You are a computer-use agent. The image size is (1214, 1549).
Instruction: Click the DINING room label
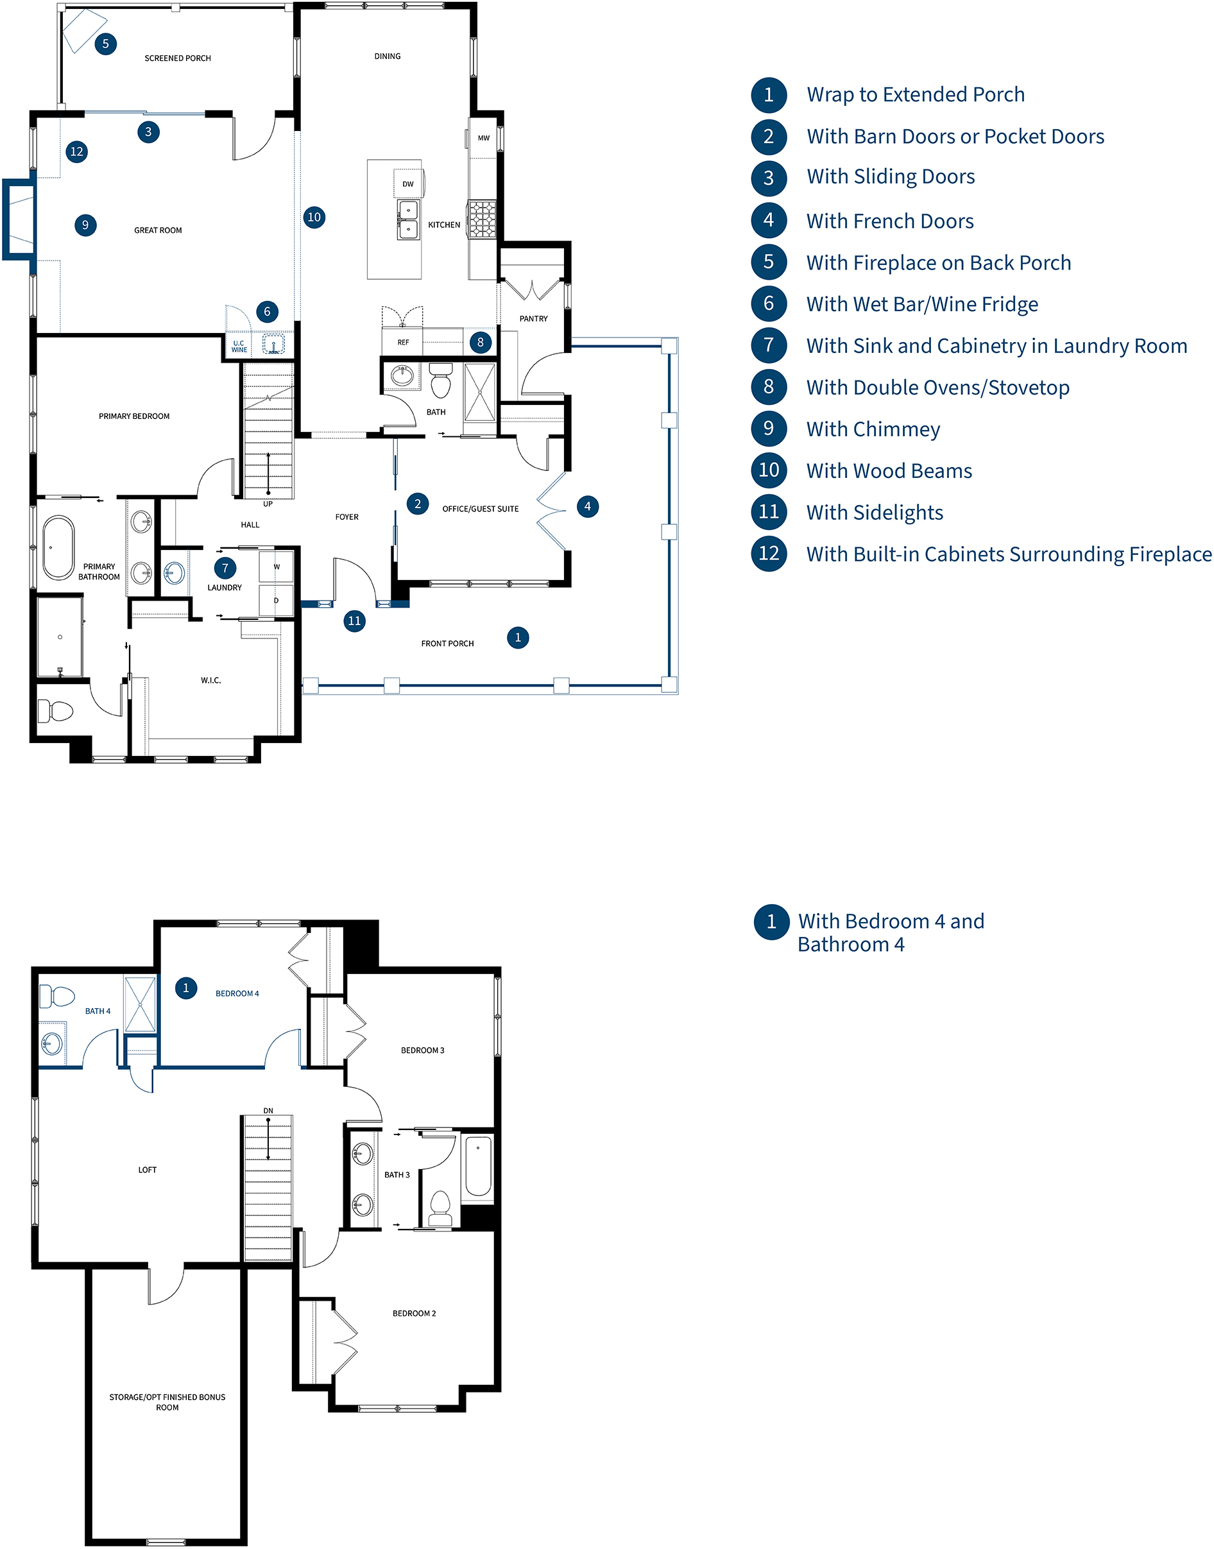pyautogui.click(x=388, y=56)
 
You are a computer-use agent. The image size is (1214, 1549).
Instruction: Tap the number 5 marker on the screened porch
pyautogui.click(x=105, y=44)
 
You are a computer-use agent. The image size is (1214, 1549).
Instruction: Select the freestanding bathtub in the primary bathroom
pyautogui.click(x=58, y=547)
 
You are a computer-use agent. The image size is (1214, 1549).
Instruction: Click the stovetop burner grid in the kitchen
pyautogui.click(x=482, y=218)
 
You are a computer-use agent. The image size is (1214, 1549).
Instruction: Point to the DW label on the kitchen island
pyautogui.click(x=408, y=184)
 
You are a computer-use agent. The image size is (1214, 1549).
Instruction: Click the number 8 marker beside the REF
pyautogui.click(x=481, y=342)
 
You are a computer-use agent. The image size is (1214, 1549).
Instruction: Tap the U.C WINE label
pyautogui.click(x=239, y=347)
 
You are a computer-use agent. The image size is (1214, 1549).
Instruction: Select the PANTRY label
pyautogui.click(x=533, y=318)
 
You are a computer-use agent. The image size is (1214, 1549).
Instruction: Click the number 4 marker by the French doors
pyautogui.click(x=587, y=506)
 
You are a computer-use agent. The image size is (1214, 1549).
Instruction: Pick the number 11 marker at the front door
pyautogui.click(x=354, y=620)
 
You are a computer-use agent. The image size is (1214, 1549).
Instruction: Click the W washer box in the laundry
pyautogui.click(x=277, y=567)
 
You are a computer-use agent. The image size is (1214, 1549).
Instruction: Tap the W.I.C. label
pyautogui.click(x=210, y=680)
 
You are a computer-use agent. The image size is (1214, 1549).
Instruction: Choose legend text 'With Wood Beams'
pyautogui.click(x=889, y=470)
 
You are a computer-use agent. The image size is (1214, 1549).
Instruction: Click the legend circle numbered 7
pyautogui.click(x=768, y=345)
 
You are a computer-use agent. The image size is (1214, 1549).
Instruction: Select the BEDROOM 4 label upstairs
pyautogui.click(x=237, y=993)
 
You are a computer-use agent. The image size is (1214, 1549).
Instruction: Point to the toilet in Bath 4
pyautogui.click(x=57, y=995)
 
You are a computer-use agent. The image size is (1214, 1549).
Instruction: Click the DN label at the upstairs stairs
pyautogui.click(x=268, y=1110)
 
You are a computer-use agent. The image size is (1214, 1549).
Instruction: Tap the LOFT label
pyautogui.click(x=147, y=1169)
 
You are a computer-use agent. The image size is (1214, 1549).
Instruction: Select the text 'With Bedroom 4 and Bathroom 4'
pyautogui.click(x=891, y=932)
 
